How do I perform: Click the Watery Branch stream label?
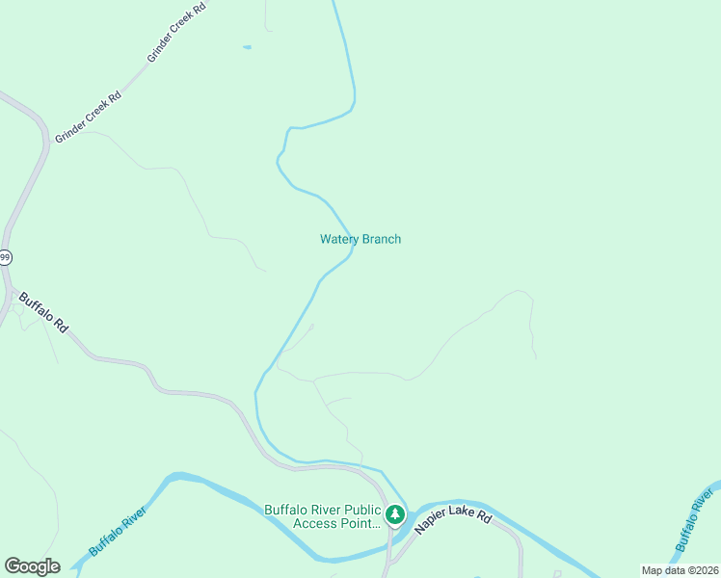click(x=360, y=239)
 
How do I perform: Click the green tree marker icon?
click(x=394, y=515)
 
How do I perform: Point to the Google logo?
click(x=32, y=566)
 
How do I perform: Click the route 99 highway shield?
click(x=5, y=256)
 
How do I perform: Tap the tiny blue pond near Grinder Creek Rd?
click(x=247, y=46)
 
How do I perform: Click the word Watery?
click(x=339, y=239)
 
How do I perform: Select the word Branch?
click(x=381, y=239)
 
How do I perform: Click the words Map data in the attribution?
click(x=662, y=570)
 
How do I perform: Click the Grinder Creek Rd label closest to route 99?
click(x=88, y=117)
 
